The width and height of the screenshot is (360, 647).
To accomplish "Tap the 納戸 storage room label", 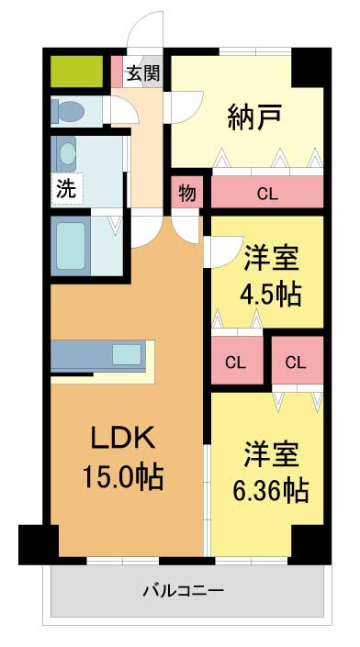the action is click(x=255, y=117).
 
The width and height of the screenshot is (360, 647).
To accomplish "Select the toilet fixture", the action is click(x=68, y=111).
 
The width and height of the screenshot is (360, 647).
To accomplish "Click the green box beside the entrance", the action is click(x=76, y=72).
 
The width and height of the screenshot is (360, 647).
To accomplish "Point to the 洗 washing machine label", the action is click(x=66, y=189).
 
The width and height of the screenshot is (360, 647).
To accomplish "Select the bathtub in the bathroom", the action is click(x=71, y=246).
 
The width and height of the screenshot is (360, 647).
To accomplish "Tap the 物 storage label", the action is click(x=187, y=193).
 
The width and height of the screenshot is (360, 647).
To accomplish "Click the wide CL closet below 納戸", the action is click(x=267, y=192).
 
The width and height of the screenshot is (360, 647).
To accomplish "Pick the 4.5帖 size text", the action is click(x=271, y=294).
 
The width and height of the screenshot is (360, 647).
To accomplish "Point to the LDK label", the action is click(x=123, y=438).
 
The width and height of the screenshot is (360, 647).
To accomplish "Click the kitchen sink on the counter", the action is click(x=127, y=354).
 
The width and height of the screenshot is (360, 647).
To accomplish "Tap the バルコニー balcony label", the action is click(x=184, y=590).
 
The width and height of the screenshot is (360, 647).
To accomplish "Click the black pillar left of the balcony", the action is click(x=39, y=544).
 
